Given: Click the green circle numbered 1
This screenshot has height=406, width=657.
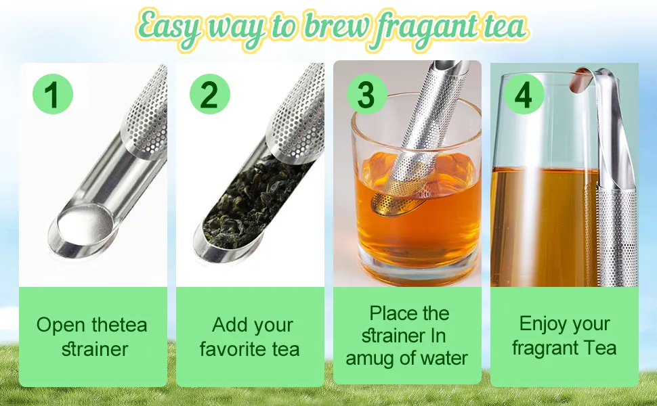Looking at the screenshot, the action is (53, 94).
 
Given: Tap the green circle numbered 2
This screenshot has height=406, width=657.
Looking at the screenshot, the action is (210, 94).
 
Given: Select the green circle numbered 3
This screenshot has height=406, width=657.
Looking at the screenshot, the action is (367, 94).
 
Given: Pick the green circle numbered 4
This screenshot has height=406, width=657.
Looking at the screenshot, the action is (524, 94).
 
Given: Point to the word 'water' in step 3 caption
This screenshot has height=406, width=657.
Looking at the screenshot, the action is (444, 358).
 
